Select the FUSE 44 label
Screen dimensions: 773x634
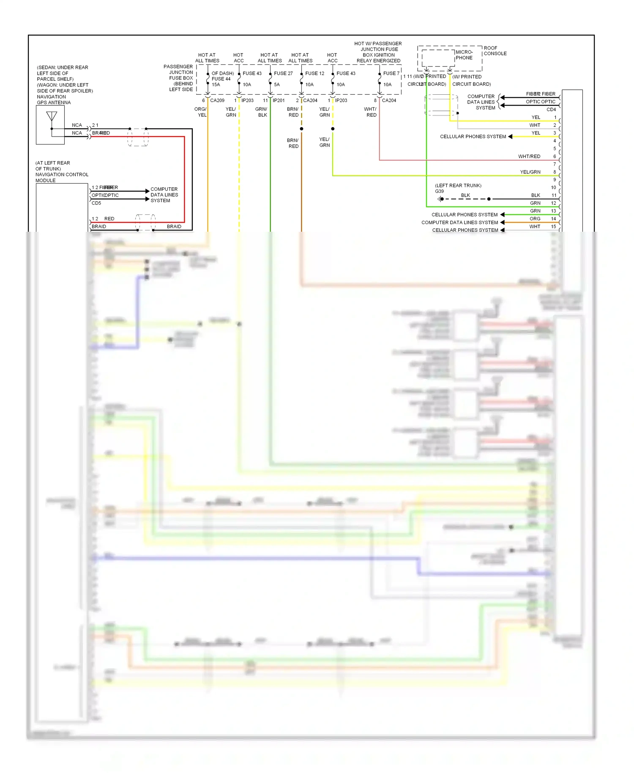(221, 79)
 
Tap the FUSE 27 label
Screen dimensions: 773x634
(283, 74)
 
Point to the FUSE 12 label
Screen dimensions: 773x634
(314, 74)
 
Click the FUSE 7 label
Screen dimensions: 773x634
(391, 74)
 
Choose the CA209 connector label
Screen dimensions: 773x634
(217, 101)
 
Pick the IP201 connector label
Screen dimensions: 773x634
(279, 101)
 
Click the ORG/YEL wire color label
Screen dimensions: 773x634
(201, 112)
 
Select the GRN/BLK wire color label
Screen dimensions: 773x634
(262, 112)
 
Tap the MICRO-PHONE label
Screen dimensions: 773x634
(464, 55)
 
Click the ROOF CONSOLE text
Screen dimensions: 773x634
(495, 51)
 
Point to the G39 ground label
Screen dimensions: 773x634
(439, 192)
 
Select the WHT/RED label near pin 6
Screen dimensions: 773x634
(529, 156)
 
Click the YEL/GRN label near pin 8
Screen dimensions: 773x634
(530, 172)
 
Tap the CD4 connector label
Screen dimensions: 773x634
(551, 110)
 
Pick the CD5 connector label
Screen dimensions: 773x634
(96, 203)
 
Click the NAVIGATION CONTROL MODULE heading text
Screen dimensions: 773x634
(62, 175)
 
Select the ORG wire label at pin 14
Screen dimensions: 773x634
(535, 219)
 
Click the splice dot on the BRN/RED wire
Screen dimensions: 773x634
(301, 129)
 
